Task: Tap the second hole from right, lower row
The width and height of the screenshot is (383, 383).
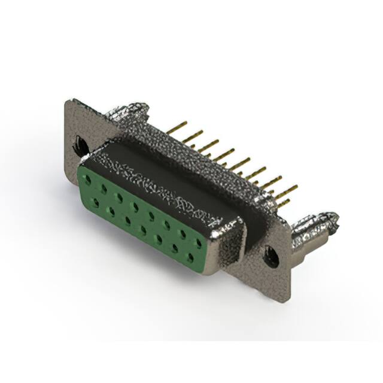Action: pyautogui.click(x=175, y=248)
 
